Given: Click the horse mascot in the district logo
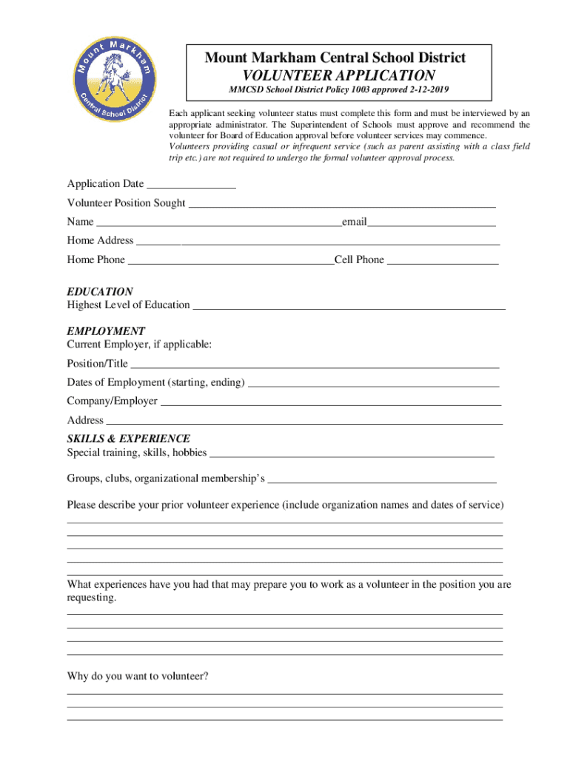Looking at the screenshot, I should point(114,73).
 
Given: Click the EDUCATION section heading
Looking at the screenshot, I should point(100,292).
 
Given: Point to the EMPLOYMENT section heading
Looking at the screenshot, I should point(106,331).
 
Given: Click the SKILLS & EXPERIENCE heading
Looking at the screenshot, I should point(129,438).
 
